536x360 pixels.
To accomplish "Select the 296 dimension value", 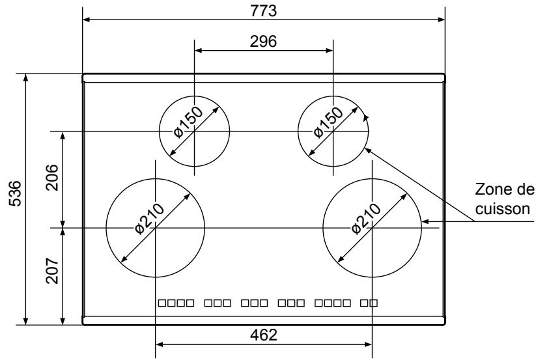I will click(264, 40).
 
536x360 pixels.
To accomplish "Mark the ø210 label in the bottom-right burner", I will click(365, 219).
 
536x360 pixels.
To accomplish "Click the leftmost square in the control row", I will click(163, 303).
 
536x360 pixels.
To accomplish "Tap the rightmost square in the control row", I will click(374, 303).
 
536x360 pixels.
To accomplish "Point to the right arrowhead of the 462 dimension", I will click(369, 344).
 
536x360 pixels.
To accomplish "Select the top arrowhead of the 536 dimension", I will click(26, 77).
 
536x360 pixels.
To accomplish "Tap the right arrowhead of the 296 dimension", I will click(330, 49).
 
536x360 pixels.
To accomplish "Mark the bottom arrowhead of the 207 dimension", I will click(63, 321).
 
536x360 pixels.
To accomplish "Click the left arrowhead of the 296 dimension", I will click(198, 49).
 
